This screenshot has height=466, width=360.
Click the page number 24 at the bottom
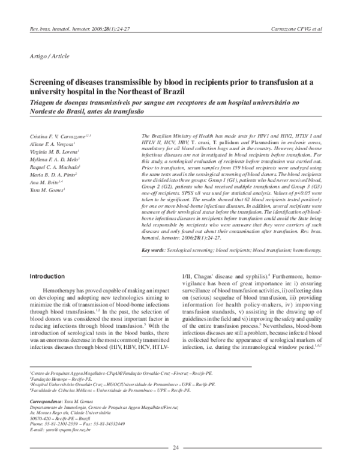coord(176,447)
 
